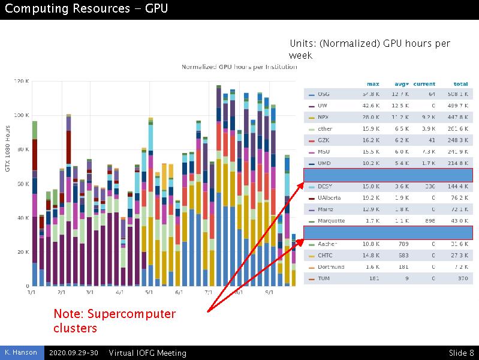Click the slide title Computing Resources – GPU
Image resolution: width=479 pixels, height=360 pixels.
[x=86, y=8]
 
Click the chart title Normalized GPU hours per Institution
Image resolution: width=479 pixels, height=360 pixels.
[x=239, y=67]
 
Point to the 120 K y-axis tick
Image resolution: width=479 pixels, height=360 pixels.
[x=21, y=81]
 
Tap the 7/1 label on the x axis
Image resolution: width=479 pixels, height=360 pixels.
[x=209, y=293]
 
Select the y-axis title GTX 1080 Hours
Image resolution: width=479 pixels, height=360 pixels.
[x=8, y=148]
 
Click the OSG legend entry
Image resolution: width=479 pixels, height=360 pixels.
[x=323, y=94]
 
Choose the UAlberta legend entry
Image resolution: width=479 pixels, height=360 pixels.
[x=329, y=198]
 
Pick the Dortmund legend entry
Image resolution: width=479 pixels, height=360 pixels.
[x=331, y=267]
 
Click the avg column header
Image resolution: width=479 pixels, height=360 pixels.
[x=401, y=84]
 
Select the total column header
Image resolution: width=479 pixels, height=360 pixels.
[x=460, y=84]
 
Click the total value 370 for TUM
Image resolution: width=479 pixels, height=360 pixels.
[x=462, y=278]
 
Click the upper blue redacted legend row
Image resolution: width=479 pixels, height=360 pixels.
[x=388, y=175]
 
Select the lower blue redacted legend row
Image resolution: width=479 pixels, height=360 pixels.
[x=388, y=233]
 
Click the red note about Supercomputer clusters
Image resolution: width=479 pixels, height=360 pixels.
[x=115, y=321]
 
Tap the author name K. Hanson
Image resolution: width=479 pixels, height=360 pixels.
[x=21, y=353]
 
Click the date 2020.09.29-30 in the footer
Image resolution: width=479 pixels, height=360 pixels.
[x=74, y=353]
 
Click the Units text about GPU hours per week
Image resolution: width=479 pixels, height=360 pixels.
[x=369, y=49]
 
